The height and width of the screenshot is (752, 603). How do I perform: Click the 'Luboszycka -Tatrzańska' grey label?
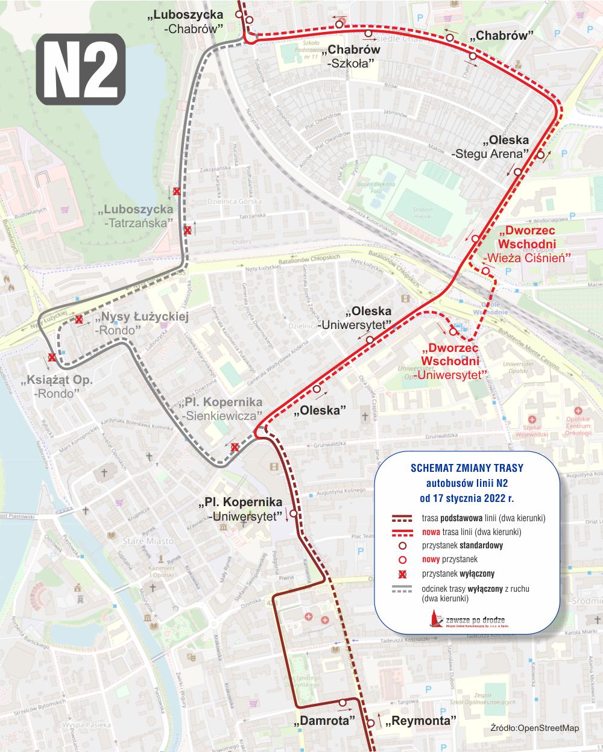(137, 216)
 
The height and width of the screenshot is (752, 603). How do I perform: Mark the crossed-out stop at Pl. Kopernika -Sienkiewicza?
(235, 447)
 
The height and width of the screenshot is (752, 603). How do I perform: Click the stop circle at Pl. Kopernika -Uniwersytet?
(293, 514)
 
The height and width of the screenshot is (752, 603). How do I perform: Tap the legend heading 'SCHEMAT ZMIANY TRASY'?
(467, 468)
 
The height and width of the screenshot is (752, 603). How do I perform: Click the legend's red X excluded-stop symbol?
(402, 574)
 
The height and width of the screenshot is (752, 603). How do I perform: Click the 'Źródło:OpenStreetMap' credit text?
(535, 728)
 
